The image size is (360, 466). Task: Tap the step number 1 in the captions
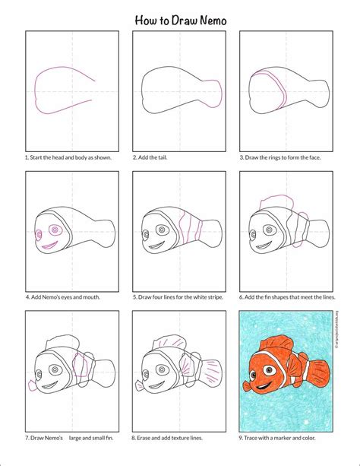pos(27,157)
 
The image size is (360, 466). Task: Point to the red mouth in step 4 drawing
pos(47,243)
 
